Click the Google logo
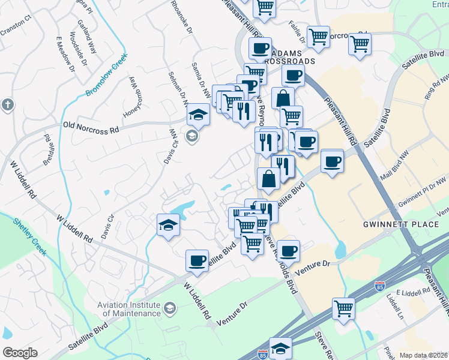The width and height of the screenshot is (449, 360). click(x=20, y=353)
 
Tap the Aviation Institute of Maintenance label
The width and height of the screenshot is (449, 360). click(x=129, y=309)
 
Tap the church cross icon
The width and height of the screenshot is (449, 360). click(x=7, y=104)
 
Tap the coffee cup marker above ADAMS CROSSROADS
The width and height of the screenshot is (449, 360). click(x=260, y=48)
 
